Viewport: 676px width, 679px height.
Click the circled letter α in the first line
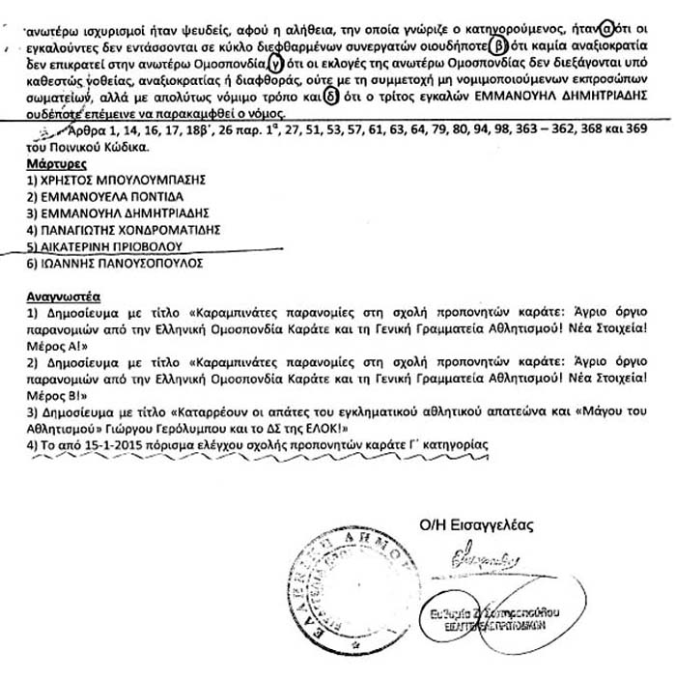point(605,27)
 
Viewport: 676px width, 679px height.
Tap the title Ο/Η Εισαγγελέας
point(476,524)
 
